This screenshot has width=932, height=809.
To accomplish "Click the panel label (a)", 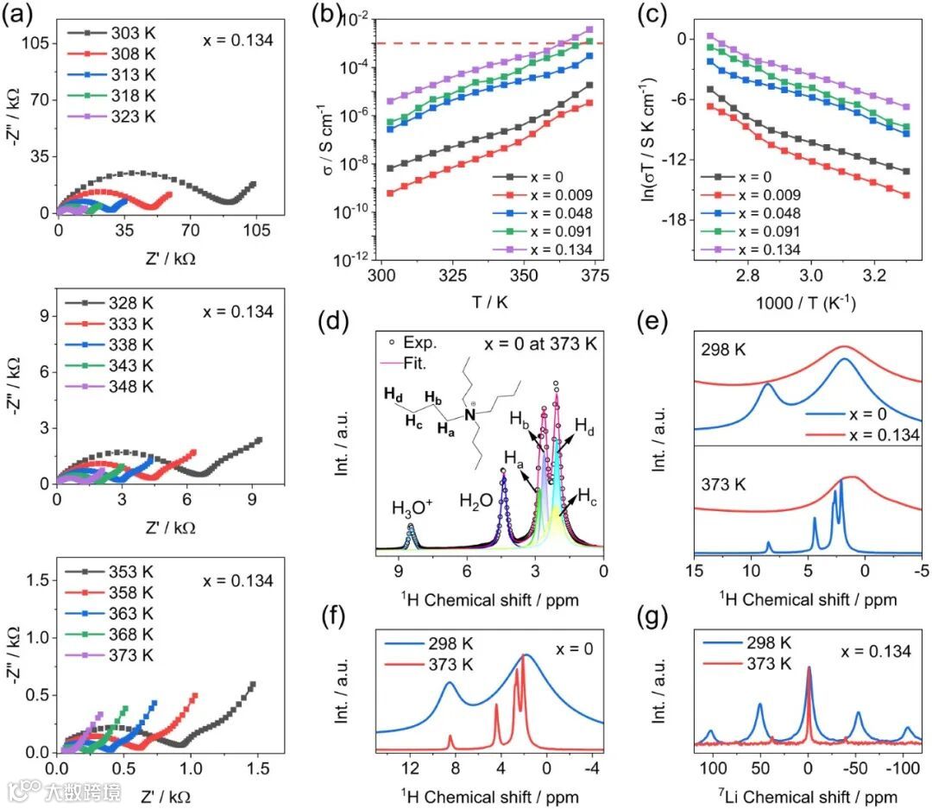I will [19, 17].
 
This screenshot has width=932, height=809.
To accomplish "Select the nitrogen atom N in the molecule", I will [470, 416].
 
